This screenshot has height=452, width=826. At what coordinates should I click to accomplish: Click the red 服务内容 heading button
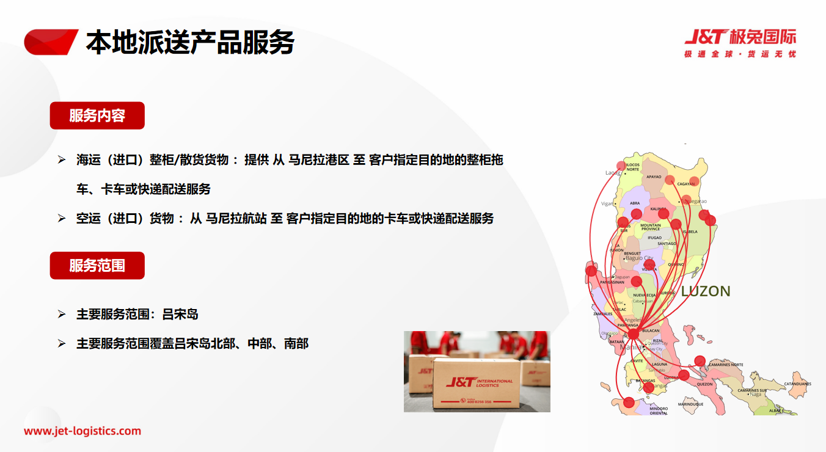pos(97,115)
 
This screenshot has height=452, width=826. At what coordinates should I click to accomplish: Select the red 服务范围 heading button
pos(97,266)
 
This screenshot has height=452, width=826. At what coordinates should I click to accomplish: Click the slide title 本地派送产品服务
pos(190,42)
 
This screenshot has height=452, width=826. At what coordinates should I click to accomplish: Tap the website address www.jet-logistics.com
pos(82,431)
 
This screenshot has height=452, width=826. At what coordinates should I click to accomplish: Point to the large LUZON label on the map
pos(706,291)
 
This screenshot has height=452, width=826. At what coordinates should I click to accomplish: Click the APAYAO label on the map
pos(654,177)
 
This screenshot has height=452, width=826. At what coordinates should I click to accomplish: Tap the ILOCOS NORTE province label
pos(633,167)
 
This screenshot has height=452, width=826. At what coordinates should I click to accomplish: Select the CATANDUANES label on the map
pos(797,384)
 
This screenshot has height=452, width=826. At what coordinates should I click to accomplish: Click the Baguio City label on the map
pos(639,258)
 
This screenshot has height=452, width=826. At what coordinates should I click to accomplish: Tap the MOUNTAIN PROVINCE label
pos(650,227)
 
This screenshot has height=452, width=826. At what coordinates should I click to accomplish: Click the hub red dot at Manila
pos(633,334)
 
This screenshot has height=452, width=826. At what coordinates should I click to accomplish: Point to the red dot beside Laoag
pos(621,166)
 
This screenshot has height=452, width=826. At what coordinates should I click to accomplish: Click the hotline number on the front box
pos(478,401)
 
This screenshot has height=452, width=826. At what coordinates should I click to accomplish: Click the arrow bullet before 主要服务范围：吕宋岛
pos(61,315)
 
